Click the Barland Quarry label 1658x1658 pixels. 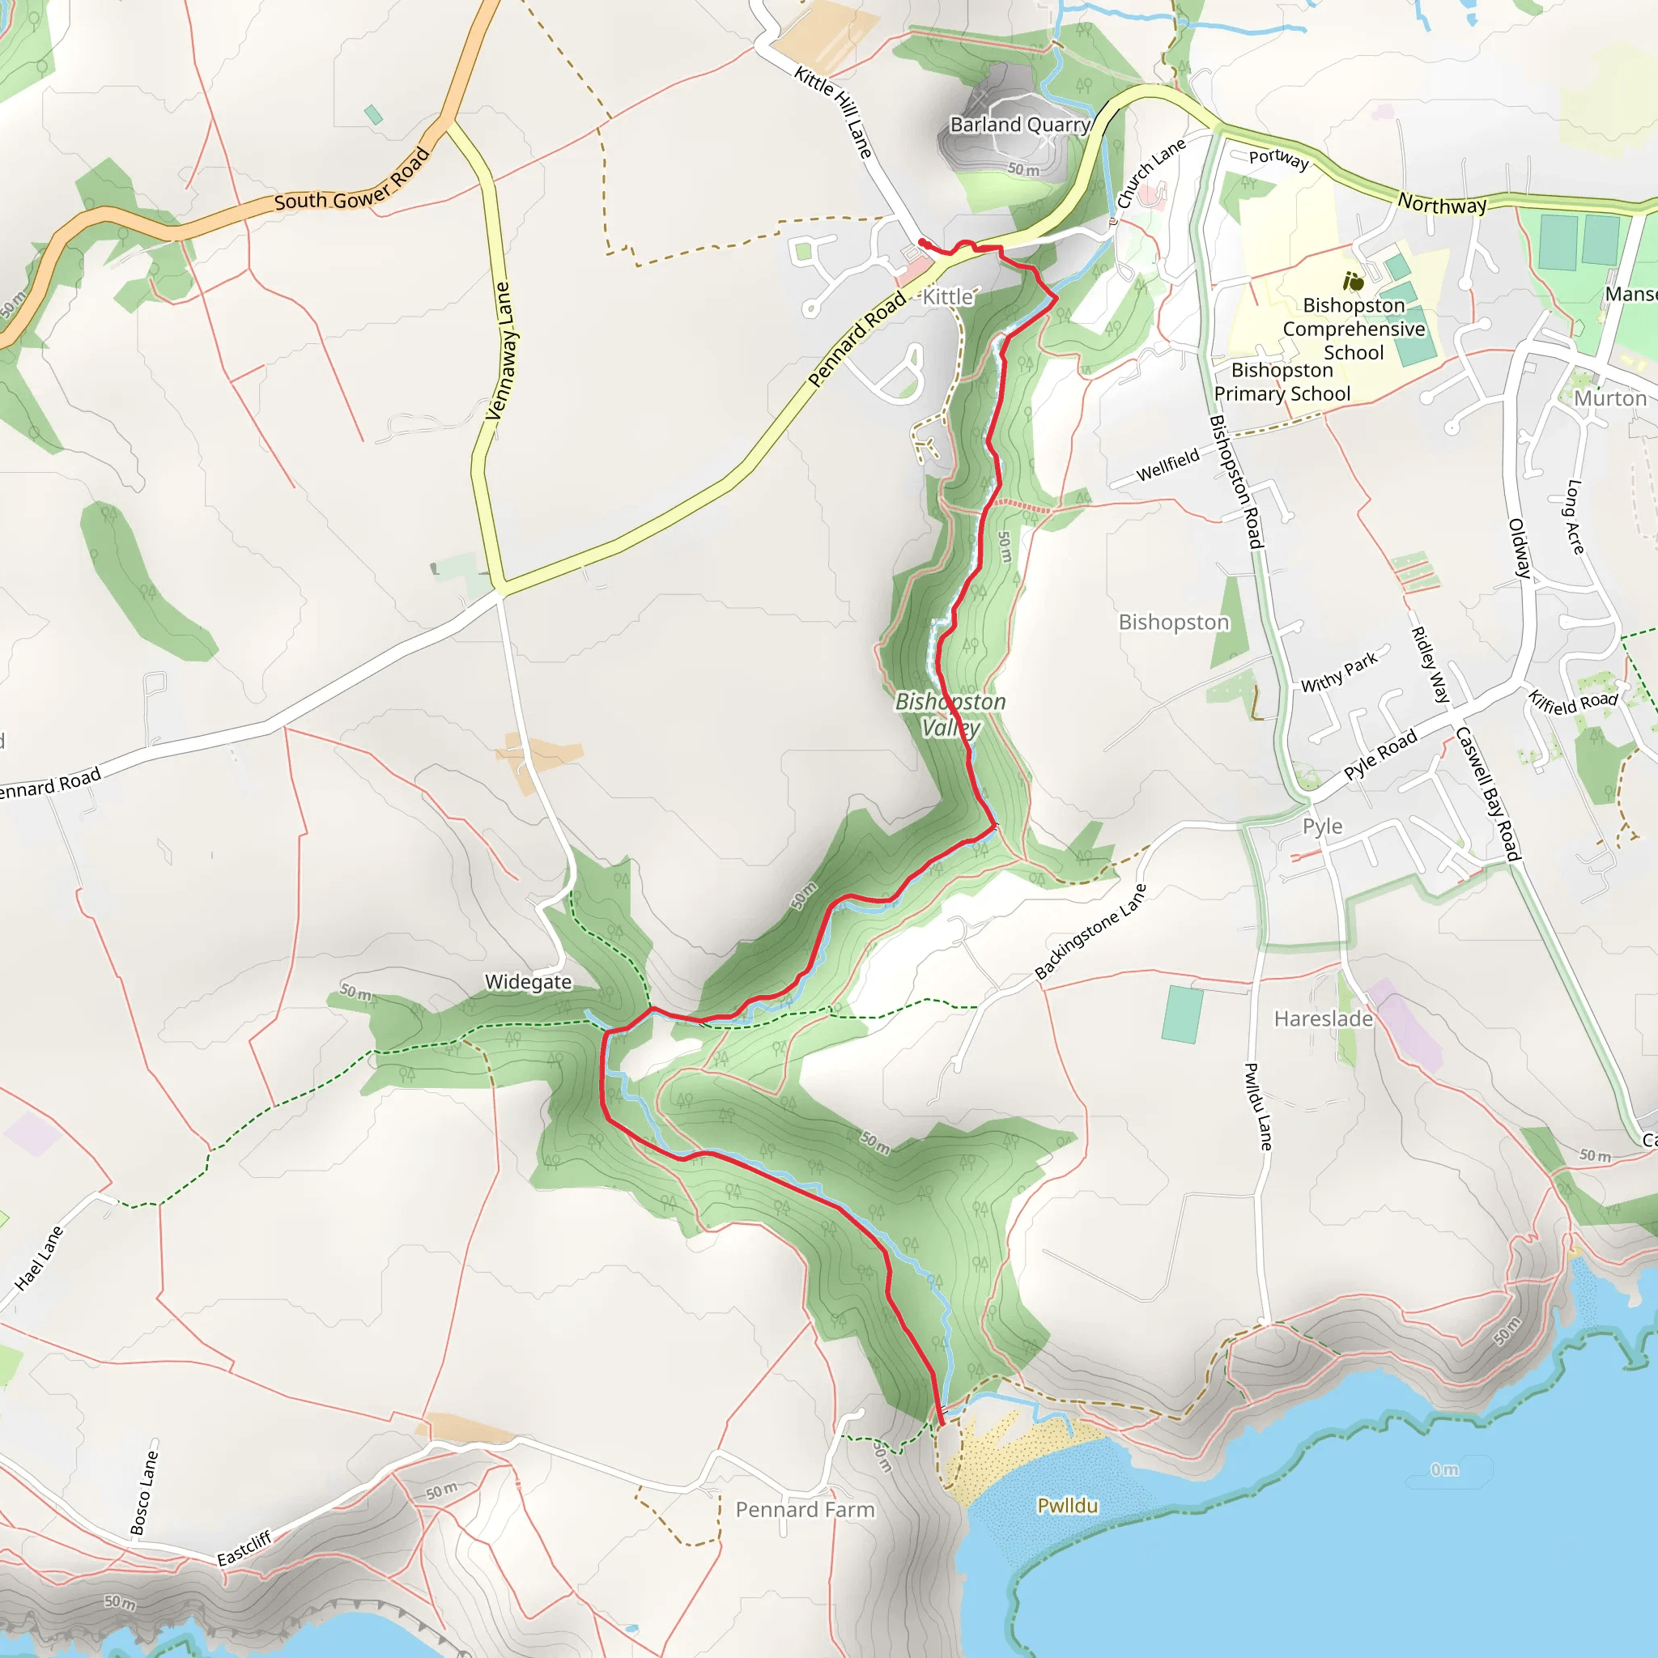tap(1019, 125)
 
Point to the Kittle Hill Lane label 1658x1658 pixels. tap(832, 112)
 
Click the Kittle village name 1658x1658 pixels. tap(948, 297)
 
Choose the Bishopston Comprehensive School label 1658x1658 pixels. tap(1354, 329)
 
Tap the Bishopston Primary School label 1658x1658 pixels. tap(1282, 382)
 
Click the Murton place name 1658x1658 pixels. tap(1610, 399)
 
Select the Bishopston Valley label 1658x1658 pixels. tap(950, 714)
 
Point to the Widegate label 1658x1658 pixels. tap(528, 982)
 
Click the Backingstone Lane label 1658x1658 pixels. tap(1090, 932)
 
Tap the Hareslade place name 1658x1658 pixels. tap(1324, 1018)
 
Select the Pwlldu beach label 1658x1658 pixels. tap(1068, 1505)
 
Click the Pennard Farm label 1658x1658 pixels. tap(805, 1510)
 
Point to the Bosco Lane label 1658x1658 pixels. tap(144, 1492)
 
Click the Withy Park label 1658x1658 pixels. tap(1339, 672)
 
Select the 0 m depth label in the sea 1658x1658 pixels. tap(1444, 1470)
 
